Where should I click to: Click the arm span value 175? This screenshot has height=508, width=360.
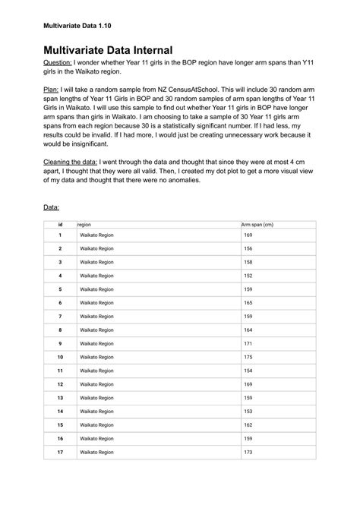pos(248,357)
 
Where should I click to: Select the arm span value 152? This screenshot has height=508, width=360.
pos(248,276)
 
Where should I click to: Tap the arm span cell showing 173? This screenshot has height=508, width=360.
pos(248,452)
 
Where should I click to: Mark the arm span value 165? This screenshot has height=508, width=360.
pos(248,302)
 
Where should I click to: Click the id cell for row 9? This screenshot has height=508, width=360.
pos(59,343)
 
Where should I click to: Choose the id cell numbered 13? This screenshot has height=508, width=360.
pos(59,397)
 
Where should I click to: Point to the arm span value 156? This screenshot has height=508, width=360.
pos(248,249)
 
